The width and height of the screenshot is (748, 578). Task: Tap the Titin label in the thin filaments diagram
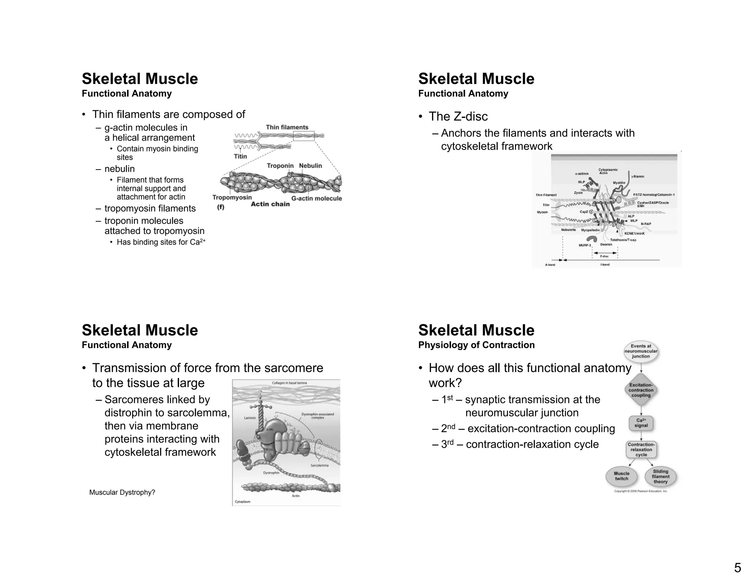[x=240, y=156]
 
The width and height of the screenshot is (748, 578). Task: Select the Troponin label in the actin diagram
[x=280, y=166]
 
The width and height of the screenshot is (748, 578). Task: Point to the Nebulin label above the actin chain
[x=310, y=166]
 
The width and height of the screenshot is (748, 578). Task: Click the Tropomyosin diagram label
[x=232, y=198]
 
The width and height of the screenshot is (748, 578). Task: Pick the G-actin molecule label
[x=317, y=199]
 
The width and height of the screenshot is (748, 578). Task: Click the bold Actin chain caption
[x=270, y=204]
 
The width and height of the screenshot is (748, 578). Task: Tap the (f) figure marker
[x=221, y=207]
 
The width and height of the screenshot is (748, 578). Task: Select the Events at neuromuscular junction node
[x=641, y=351]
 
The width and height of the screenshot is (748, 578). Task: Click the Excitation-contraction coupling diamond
[x=641, y=390]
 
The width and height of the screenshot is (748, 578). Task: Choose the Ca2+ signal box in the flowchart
[x=641, y=423]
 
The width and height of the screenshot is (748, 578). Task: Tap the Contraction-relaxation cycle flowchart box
[x=641, y=450]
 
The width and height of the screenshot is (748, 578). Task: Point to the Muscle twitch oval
[x=621, y=476]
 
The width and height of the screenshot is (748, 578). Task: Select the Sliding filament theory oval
[x=660, y=476]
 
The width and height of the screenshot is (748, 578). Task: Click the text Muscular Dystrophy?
[x=122, y=493]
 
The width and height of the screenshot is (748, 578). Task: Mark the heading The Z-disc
[x=458, y=117]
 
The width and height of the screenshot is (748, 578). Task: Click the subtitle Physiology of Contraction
[x=476, y=345]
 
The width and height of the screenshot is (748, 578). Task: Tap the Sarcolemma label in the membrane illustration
[x=319, y=465]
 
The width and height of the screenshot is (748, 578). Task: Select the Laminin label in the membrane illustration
[x=250, y=418]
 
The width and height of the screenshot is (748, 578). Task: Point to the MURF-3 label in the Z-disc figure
[x=584, y=245]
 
